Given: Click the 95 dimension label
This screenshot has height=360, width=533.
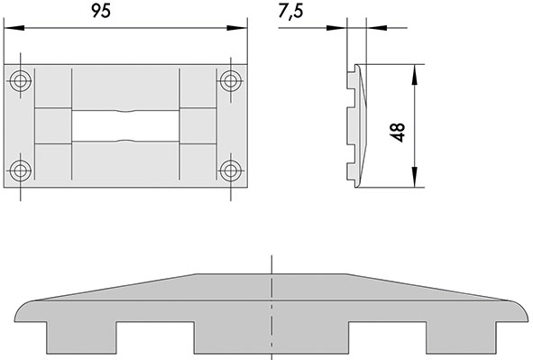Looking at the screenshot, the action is coord(101,11).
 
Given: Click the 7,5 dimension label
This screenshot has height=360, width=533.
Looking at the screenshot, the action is coord(290,12).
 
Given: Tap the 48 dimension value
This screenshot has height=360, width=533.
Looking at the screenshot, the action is coord(398,133).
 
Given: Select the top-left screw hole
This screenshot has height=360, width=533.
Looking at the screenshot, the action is coord(21,81).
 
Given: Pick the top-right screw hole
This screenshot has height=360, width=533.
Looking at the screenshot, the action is coord(231,81).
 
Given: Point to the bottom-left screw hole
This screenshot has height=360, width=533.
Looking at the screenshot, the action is coord(21,171).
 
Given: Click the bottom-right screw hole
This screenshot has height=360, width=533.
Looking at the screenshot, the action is coord(231,171).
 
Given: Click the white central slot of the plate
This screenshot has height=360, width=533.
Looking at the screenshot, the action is coord(125,125).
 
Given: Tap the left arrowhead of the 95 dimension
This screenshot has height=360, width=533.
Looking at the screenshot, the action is coord(14,28).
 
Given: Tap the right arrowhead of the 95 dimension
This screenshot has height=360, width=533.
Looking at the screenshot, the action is coord(237,28).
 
